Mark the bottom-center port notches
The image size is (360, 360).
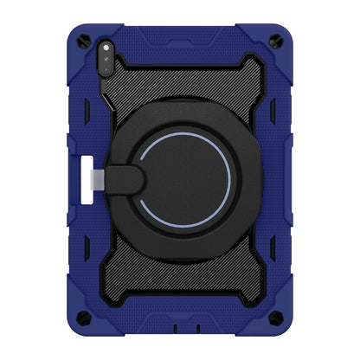point(180,334)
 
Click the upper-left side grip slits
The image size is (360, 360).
point(87,118)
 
